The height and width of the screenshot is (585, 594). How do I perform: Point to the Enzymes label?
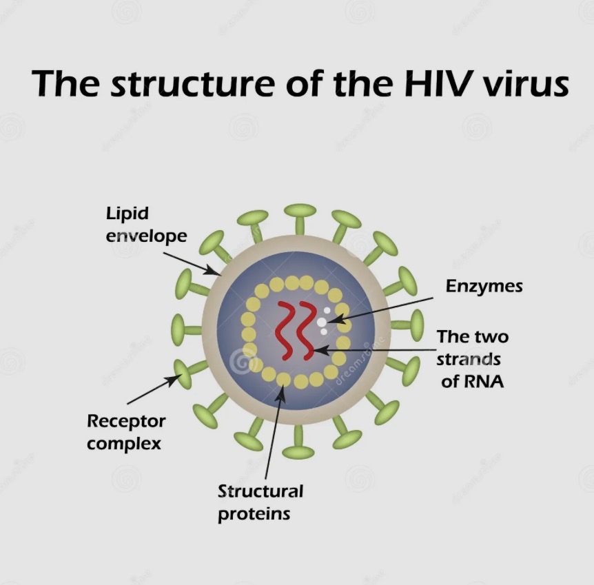tap(484, 286)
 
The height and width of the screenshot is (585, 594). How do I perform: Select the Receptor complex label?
tap(126, 431)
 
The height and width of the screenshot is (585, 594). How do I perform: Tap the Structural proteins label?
tap(260, 502)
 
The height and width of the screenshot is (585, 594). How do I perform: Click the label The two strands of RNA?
tap(473, 358)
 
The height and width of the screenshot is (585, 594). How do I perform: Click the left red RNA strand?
tap(284, 331)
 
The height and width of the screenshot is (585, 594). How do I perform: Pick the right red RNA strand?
tap(307, 331)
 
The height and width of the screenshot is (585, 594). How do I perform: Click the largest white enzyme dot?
tap(322, 322)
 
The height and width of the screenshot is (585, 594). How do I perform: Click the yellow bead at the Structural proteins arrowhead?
tap(283, 379)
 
